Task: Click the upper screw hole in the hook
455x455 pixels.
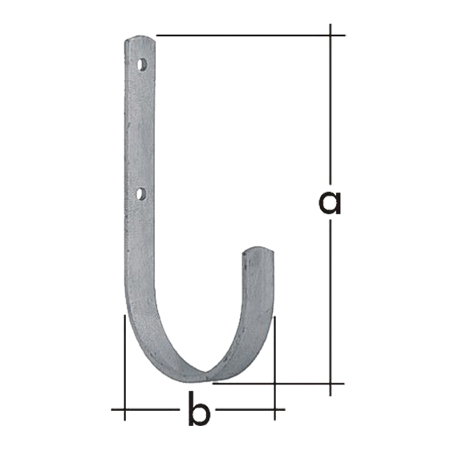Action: (x=141, y=65)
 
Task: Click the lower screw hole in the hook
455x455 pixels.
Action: (x=141, y=194)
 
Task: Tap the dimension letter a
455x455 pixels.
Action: (x=330, y=203)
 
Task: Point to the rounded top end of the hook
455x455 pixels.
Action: (x=140, y=39)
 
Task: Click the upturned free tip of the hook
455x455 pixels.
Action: (x=258, y=250)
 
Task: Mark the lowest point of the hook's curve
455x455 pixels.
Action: (x=206, y=380)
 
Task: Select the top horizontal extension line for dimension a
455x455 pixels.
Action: (x=251, y=35)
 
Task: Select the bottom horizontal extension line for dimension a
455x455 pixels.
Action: (x=278, y=384)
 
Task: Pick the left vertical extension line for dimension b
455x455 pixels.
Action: (x=124, y=368)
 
